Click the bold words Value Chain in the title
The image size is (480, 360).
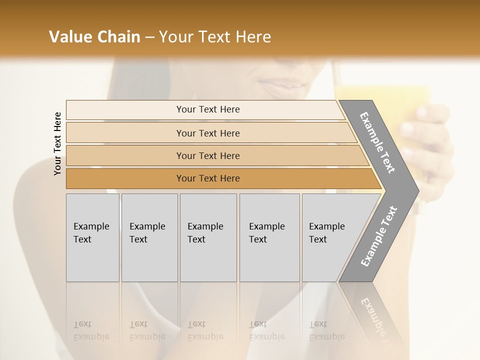(x=94, y=37)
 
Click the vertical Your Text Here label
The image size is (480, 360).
(x=57, y=143)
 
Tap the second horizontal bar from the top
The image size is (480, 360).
(x=208, y=133)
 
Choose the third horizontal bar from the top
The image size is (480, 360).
(x=208, y=155)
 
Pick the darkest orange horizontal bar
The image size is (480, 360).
(x=208, y=178)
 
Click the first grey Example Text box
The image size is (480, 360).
(x=92, y=237)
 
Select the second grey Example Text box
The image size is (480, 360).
(x=149, y=237)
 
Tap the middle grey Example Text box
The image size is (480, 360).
(x=208, y=237)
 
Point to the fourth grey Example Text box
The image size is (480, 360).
(x=269, y=237)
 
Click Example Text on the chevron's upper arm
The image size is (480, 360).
(x=377, y=142)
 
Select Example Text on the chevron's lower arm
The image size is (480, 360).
(x=378, y=236)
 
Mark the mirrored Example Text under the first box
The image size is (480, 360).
(x=91, y=331)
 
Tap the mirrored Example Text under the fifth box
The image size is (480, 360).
(x=327, y=331)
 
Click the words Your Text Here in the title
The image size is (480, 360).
(x=215, y=37)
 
